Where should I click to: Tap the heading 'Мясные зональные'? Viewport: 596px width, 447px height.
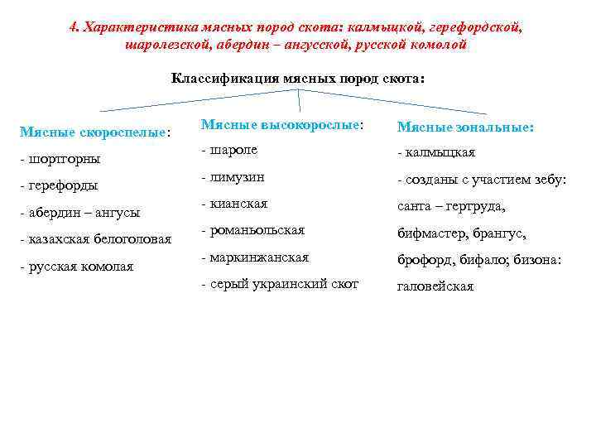pos(465,127)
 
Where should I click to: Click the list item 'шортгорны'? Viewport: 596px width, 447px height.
pos(60,158)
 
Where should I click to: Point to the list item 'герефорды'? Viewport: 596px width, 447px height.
pos(59,185)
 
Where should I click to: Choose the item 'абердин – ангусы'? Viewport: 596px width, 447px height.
pos(79,212)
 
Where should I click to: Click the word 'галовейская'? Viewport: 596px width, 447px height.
pos(435,286)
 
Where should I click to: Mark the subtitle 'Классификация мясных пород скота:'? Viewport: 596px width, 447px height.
pos(298,79)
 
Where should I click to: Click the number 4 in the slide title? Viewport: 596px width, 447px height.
pos(74,26)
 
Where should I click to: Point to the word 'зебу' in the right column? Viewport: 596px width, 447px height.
pos(548,180)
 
